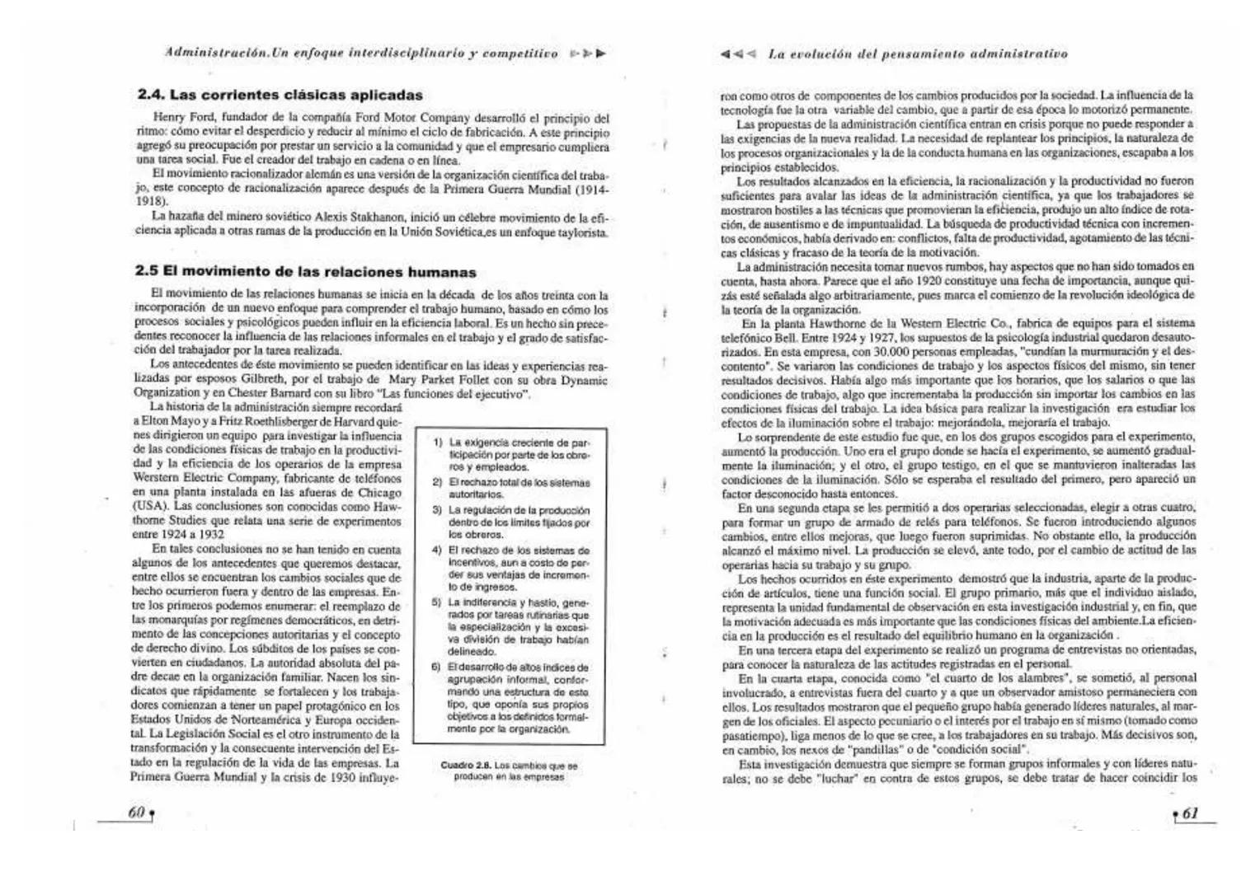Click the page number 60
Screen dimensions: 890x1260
137,813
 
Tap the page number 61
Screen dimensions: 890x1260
1190,813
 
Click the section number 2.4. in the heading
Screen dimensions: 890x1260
151,95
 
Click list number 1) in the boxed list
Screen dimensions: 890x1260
439,443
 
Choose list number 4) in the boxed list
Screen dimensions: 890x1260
439,550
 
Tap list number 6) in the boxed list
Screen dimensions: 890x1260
439,667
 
